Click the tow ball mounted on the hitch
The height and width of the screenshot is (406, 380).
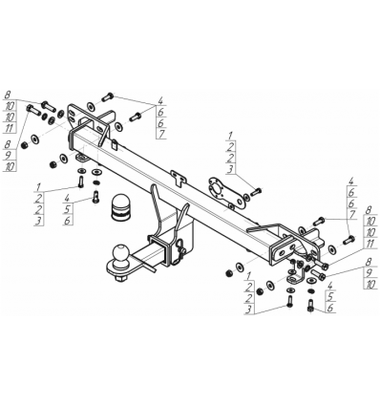point(121,253)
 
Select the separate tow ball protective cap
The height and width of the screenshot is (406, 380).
point(120,206)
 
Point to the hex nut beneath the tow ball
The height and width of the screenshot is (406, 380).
point(120,279)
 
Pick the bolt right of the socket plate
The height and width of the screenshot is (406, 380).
point(256,192)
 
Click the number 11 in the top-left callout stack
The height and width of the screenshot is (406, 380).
point(10,128)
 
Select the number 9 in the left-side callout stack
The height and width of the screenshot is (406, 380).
point(9,156)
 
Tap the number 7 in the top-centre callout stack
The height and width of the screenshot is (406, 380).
point(161,134)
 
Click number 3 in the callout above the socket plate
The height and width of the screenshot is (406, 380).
point(230,169)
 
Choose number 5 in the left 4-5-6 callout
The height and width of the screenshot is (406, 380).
point(68,209)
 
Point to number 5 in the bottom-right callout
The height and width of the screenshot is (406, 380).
point(329,296)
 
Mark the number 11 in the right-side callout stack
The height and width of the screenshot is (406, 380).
point(370,244)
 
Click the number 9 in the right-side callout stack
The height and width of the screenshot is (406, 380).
point(369,273)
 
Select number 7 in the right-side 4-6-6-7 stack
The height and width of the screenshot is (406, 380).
point(351,214)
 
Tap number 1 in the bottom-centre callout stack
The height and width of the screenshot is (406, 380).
point(249,275)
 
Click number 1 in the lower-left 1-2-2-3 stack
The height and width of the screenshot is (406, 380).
point(38,186)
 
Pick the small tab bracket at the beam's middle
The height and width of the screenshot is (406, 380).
point(179,178)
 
